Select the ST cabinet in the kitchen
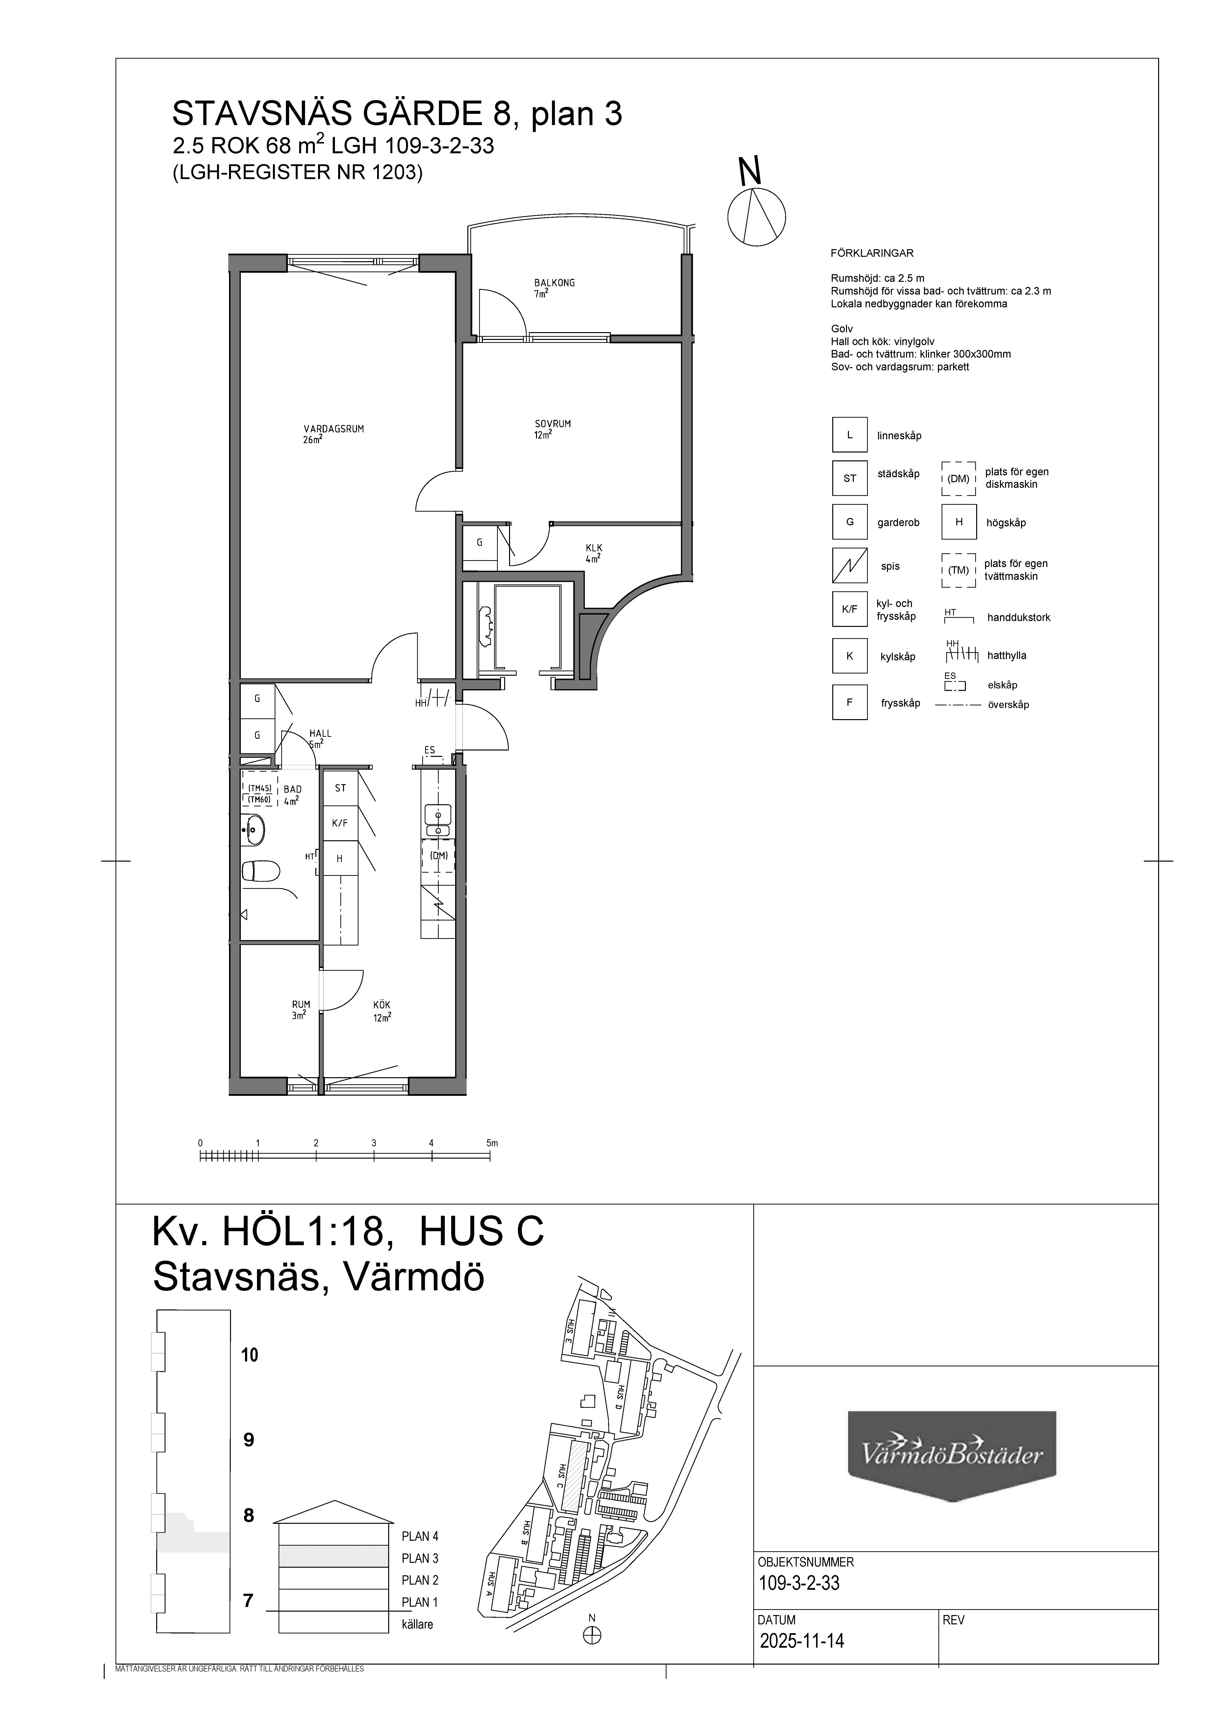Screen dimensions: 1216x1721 pyautogui.click(x=340, y=788)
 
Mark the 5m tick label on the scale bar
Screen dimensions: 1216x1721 pyautogui.click(x=491, y=1143)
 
